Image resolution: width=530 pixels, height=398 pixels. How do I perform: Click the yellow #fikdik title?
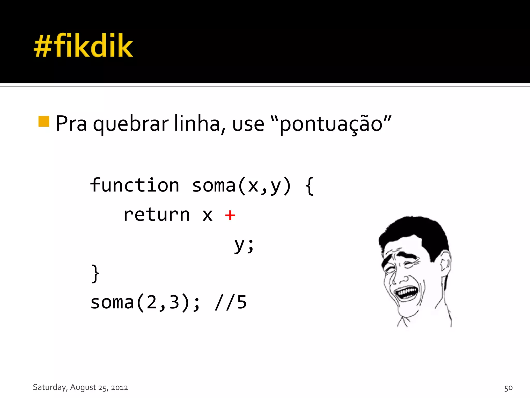coord(83,46)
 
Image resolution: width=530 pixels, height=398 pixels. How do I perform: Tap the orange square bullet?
coord(44,121)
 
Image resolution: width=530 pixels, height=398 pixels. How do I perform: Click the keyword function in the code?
coord(135,186)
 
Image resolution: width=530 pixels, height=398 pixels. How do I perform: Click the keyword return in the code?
coord(157,215)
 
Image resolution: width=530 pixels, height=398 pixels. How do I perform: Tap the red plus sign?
coord(230,215)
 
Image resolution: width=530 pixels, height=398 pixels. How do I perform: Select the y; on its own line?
coord(244,245)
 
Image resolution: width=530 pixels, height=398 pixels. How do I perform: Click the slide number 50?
coord(508,388)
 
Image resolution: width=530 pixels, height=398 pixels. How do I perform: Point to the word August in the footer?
coord(83,387)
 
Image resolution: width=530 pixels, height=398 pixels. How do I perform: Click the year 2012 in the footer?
coord(119,388)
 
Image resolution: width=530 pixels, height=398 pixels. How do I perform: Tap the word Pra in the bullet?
coord(71,124)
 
